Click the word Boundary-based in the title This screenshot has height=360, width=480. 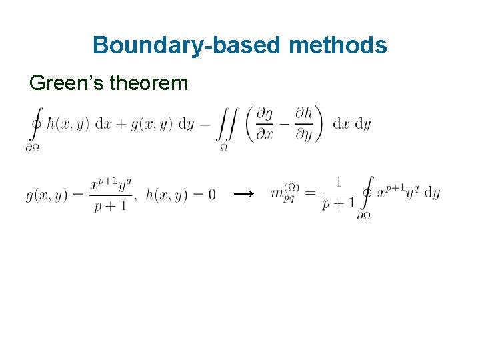click(x=187, y=45)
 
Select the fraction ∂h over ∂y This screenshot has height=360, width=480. click(x=304, y=124)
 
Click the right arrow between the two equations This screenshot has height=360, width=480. click(x=243, y=194)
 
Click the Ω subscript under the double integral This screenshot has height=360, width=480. click(x=224, y=147)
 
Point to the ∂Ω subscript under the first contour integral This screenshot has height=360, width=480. click(x=33, y=147)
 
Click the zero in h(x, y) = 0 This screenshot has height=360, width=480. click(x=211, y=195)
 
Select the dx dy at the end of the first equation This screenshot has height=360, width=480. click(x=351, y=125)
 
